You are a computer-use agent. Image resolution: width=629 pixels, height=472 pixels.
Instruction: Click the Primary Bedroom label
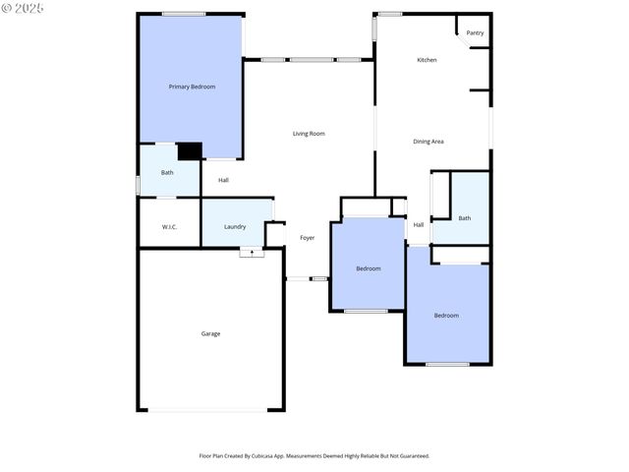coord(192,87)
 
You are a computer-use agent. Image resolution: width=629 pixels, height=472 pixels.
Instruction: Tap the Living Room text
coord(309,134)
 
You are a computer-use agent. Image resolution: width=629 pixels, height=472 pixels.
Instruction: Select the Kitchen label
coord(427,60)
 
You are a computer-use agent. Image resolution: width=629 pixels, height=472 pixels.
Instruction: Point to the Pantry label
coord(475,33)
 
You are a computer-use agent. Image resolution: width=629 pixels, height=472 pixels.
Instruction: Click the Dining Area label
coord(428,142)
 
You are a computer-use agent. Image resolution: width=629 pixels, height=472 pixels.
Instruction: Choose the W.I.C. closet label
coord(169,227)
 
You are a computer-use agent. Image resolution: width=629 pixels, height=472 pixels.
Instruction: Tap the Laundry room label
coord(235,227)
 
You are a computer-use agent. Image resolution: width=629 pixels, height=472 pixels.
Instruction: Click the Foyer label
coord(308,238)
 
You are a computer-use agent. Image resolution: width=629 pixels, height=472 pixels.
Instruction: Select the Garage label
coord(210,333)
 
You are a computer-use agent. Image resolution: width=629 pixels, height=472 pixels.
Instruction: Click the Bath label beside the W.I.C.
coord(167,173)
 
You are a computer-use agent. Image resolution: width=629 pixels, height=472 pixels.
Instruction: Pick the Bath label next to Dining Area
coord(464,218)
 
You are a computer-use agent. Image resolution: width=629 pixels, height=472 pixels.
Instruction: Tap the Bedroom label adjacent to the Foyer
coord(369,268)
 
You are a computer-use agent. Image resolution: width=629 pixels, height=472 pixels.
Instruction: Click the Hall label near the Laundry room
coord(223,180)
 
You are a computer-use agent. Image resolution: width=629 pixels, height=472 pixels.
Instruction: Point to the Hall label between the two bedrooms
coord(419,225)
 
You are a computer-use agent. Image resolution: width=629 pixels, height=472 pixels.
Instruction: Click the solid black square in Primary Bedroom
coord(190,151)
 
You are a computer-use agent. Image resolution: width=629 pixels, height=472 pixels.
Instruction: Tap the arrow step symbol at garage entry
coord(252,253)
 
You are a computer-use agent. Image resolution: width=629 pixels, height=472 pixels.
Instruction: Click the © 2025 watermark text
coord(24,7)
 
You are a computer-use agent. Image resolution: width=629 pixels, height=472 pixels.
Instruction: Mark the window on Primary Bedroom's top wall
coord(184,14)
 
